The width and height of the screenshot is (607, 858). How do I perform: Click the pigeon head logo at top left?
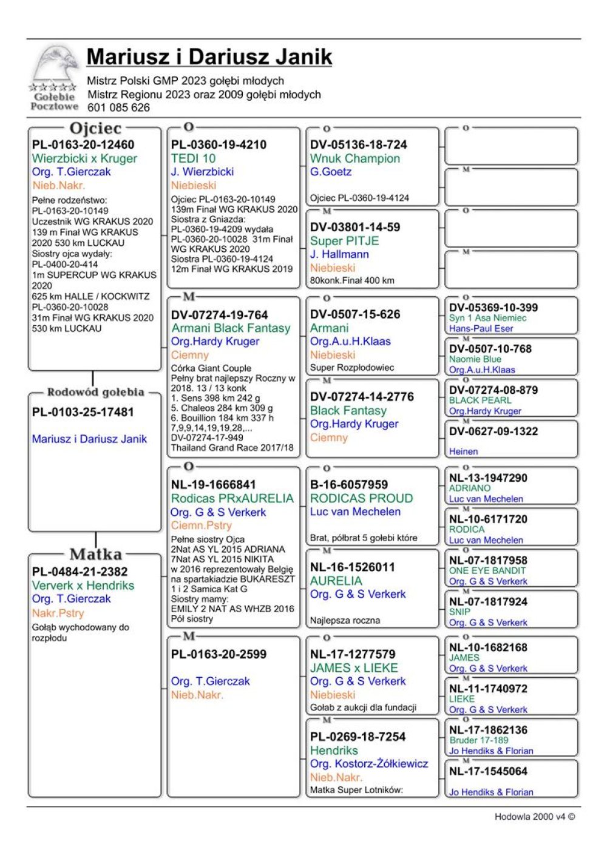pyautogui.click(x=56, y=66)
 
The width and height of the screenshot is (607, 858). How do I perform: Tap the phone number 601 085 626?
pyautogui.click(x=118, y=108)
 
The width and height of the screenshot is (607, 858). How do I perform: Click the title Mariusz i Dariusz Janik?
pyautogui.click(x=209, y=57)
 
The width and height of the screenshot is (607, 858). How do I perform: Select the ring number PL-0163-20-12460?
pyautogui.click(x=83, y=145)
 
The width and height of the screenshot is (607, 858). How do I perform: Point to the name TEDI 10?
pyautogui.click(x=193, y=158)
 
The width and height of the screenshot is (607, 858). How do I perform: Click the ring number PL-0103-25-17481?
pyautogui.click(x=83, y=413)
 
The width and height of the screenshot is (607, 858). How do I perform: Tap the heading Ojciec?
pyautogui.click(x=95, y=129)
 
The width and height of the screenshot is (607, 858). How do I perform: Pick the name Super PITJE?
pyautogui.click(x=344, y=241)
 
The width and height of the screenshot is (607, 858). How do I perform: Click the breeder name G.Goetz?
pyautogui.click(x=331, y=172)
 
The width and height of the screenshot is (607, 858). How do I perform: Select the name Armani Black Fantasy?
pyautogui.click(x=231, y=328)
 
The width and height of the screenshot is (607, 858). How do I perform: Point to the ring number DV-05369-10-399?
pyautogui.click(x=493, y=308)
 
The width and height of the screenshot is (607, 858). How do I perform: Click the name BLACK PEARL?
pyautogui.click(x=480, y=400)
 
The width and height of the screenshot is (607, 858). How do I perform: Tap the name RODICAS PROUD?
pyautogui.click(x=361, y=498)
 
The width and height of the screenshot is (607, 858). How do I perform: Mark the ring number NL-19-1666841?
pyautogui.click(x=214, y=485)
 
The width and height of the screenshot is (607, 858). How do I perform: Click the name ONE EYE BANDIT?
pyautogui.click(x=487, y=571)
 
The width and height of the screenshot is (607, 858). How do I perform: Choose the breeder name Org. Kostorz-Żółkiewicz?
pyautogui.click(x=369, y=764)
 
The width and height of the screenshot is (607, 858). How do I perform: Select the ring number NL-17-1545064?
pyautogui.click(x=489, y=772)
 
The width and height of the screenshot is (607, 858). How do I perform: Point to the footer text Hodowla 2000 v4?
pyautogui.click(x=530, y=817)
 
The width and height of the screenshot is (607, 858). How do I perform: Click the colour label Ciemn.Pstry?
pyautogui.click(x=202, y=525)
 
